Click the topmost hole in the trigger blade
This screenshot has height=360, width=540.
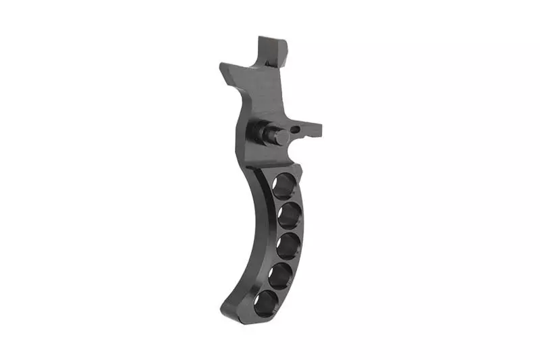284,184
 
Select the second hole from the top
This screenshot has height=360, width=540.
290,215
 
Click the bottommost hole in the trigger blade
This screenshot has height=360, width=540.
268,301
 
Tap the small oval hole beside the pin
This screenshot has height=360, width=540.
298,126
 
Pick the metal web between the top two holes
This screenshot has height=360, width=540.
288,200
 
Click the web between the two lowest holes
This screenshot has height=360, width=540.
275,288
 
